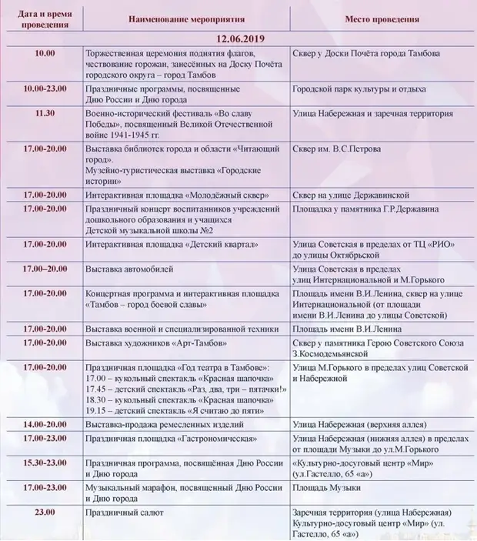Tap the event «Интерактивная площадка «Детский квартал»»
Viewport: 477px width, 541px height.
point(172,244)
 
